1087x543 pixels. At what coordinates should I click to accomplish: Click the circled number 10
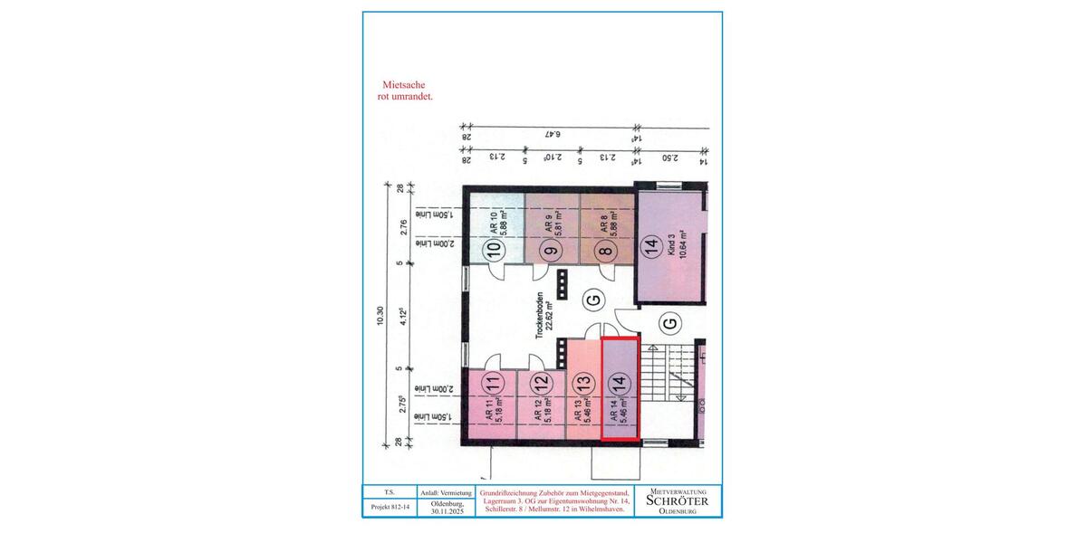click(x=495, y=251)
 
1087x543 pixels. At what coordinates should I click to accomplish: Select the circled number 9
click(x=549, y=251)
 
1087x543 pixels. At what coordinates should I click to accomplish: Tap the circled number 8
click(x=605, y=251)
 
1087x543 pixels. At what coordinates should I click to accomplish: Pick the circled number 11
click(x=492, y=384)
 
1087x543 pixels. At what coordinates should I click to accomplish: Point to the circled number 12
click(x=540, y=384)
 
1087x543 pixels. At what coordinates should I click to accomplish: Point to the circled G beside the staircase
click(x=669, y=322)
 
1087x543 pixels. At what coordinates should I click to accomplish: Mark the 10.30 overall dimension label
click(x=380, y=315)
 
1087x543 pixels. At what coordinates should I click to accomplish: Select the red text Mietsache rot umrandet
click(x=406, y=88)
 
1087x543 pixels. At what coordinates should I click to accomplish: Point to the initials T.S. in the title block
click(x=390, y=492)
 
